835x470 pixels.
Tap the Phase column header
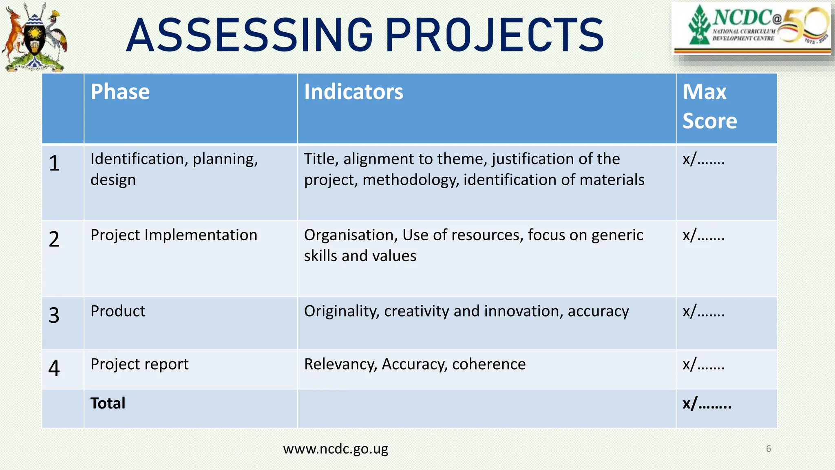[120, 92]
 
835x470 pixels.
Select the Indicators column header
[353, 92]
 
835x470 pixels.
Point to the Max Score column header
[709, 106]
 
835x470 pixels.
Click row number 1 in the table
[54, 163]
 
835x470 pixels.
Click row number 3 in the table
[54, 315]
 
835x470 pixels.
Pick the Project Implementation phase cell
[174, 235]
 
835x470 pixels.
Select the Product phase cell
[118, 311]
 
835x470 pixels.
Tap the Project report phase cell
[139, 364]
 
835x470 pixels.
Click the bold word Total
[108, 403]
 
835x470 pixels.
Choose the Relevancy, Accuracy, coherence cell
[415, 364]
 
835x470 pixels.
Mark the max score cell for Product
[704, 311]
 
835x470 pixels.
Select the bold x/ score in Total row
[707, 403]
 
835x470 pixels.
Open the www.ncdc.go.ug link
[336, 449]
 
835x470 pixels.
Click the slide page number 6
[769, 449]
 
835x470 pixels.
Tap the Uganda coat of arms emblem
[35, 38]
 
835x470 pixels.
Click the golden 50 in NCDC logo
[805, 25]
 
